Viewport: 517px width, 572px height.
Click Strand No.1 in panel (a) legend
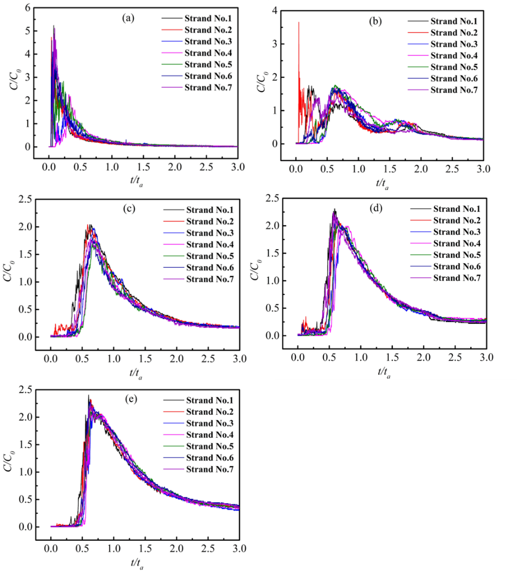[x=206, y=19]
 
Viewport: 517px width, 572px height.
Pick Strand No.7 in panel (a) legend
[x=206, y=88]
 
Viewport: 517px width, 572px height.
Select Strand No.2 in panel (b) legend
[x=454, y=33]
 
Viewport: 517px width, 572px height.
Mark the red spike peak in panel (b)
[x=299, y=23]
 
